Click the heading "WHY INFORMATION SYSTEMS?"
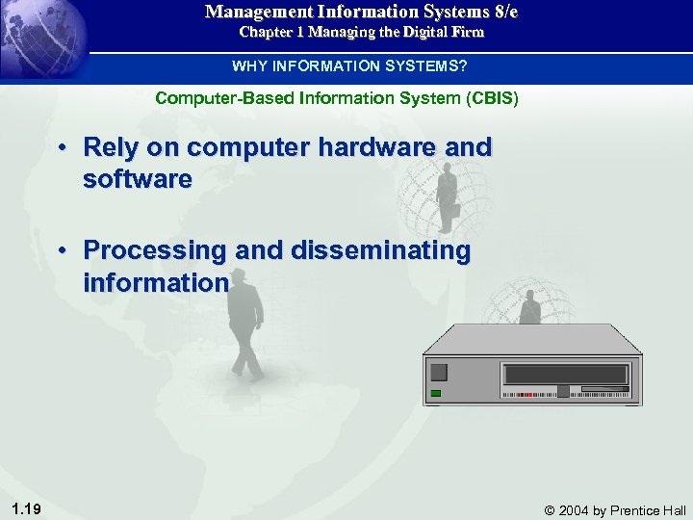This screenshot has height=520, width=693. point(349,66)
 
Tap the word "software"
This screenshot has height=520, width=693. point(138,179)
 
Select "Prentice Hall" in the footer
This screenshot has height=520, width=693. point(649,509)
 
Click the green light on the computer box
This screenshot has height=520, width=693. point(437,393)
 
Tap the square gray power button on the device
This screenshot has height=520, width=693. point(440,373)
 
